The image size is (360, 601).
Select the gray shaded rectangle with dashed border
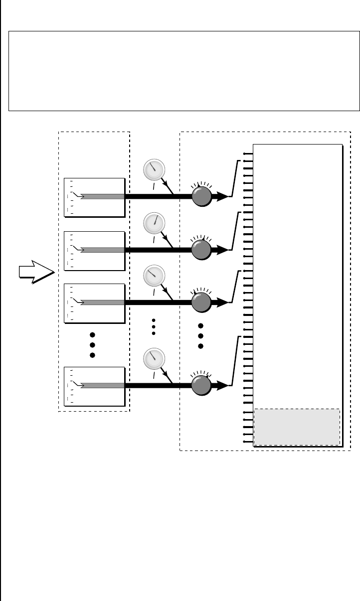(x=297, y=427)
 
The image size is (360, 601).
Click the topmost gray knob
(x=201, y=196)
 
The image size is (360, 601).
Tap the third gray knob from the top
(x=201, y=302)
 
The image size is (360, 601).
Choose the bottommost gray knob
(x=201, y=385)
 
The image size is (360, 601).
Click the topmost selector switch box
(x=94, y=197)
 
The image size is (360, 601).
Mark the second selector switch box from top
(x=94, y=250)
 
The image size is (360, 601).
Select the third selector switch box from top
(x=94, y=302)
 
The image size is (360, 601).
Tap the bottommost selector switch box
(x=94, y=386)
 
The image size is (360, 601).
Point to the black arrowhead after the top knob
(x=222, y=196)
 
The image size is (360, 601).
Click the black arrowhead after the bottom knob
(x=222, y=385)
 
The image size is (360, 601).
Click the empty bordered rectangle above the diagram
(x=184, y=70)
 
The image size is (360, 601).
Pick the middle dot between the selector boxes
(x=92, y=344)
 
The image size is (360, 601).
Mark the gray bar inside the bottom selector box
(x=102, y=385)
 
